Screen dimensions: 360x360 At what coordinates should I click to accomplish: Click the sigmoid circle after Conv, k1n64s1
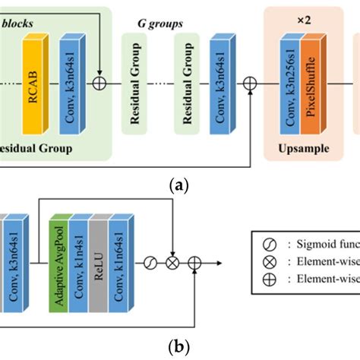[x=151, y=264]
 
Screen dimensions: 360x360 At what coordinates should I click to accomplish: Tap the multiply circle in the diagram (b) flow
[x=173, y=264]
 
